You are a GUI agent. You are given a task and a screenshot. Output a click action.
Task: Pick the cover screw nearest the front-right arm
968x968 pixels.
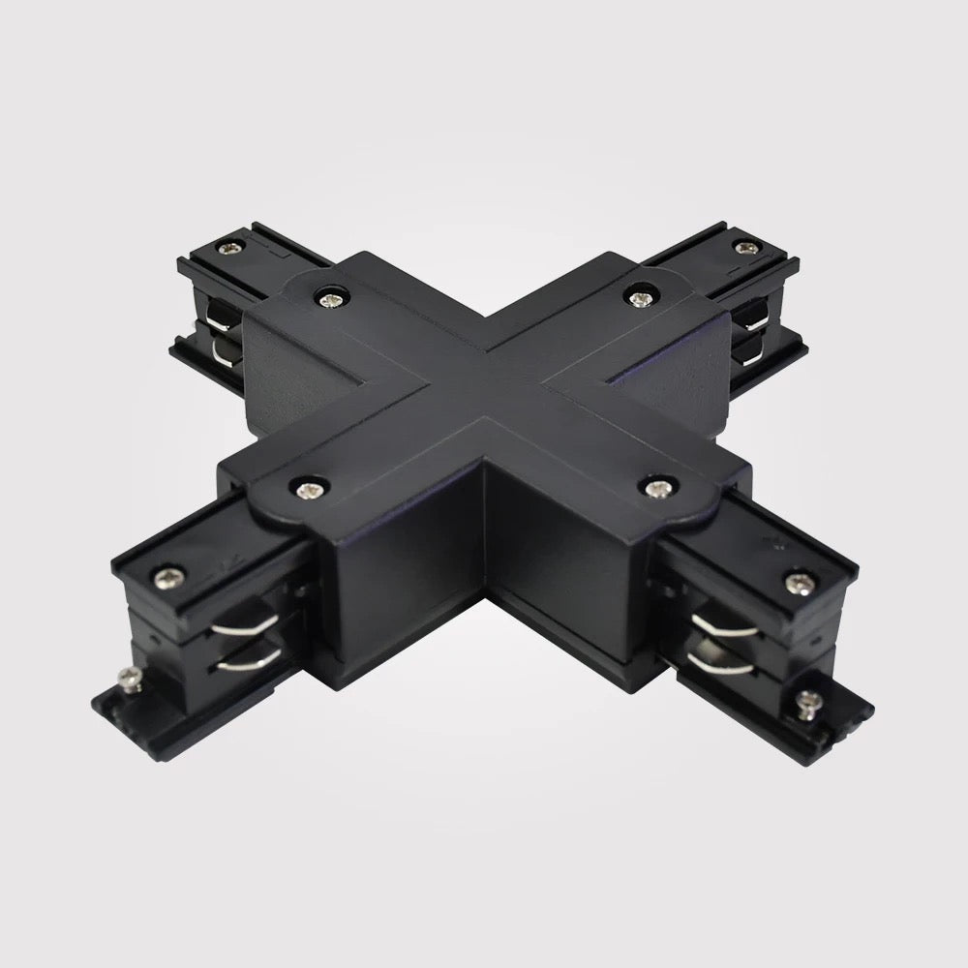[x=658, y=487]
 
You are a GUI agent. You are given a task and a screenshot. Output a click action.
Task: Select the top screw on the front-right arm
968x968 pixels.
[x=798, y=583]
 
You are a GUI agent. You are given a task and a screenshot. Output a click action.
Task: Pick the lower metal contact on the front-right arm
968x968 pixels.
[x=716, y=661]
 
